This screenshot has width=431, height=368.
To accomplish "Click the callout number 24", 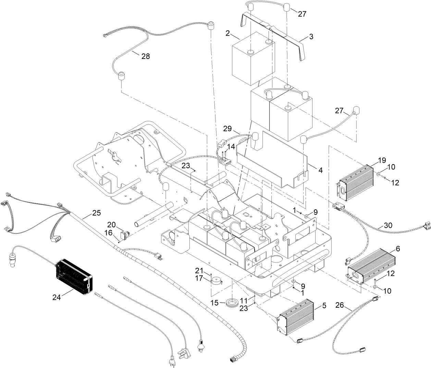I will pyautogui.click(x=57, y=297).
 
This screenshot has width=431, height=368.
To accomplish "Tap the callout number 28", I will pyautogui.click(x=146, y=57).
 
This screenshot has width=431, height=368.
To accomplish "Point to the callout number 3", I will pyautogui.click(x=311, y=37).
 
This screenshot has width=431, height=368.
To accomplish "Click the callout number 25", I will pyautogui.click(x=96, y=213).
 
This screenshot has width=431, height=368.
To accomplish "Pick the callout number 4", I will pyautogui.click(x=320, y=169).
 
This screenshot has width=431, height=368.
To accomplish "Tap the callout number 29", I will pyautogui.click(x=227, y=129).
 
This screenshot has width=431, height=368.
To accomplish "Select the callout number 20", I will pyautogui.click(x=111, y=224).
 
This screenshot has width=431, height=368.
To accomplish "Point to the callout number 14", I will pyautogui.click(x=231, y=147).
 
